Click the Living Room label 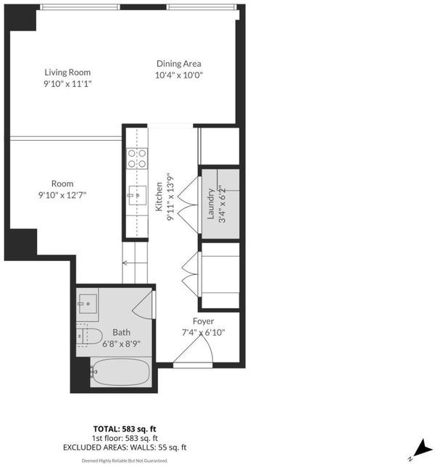(x=67, y=73)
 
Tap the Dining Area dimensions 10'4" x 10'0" (x=178, y=75)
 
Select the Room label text (x=62, y=183)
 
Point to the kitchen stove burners (x=137, y=158)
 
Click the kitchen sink (x=137, y=195)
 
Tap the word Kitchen (x=159, y=197)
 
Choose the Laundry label (x=211, y=204)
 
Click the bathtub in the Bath (x=120, y=372)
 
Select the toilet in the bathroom (x=88, y=336)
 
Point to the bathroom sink (x=88, y=304)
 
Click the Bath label (x=121, y=332)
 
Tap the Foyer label (x=203, y=321)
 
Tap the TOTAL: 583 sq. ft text (x=125, y=429)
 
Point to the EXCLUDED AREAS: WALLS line (x=125, y=447)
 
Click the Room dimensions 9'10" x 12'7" (x=62, y=195)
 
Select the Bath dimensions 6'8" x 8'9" (x=121, y=344)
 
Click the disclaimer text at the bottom (x=125, y=460)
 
